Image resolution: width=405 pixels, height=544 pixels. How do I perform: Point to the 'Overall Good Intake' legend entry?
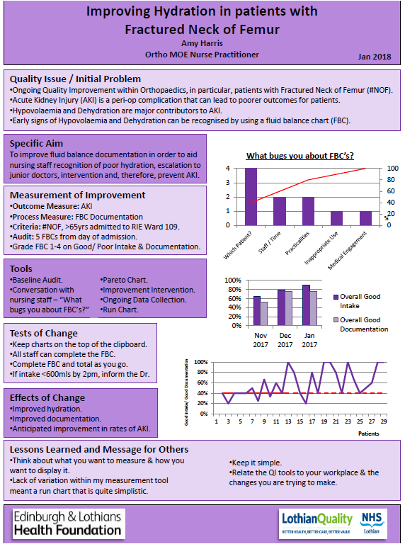360,300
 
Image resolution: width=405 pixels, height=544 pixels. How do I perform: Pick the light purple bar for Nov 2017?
264,314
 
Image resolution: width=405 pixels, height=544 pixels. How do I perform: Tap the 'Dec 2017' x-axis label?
285,339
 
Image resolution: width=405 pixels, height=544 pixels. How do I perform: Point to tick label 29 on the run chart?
383,421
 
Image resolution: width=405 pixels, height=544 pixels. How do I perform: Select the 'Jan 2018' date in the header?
375,56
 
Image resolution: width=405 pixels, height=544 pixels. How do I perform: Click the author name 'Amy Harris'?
202,43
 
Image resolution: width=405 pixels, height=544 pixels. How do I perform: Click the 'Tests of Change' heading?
45,334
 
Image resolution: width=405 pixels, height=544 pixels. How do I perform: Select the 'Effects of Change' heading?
48,398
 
